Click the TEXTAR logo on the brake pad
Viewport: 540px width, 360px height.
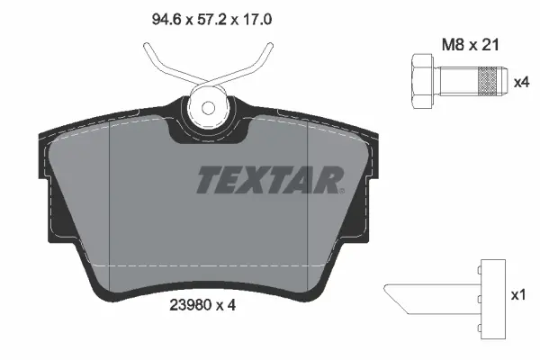click(268, 180)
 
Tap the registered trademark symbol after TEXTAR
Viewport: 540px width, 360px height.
click(343, 190)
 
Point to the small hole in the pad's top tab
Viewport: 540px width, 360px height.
click(209, 107)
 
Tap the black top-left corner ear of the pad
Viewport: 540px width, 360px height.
click(45, 144)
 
